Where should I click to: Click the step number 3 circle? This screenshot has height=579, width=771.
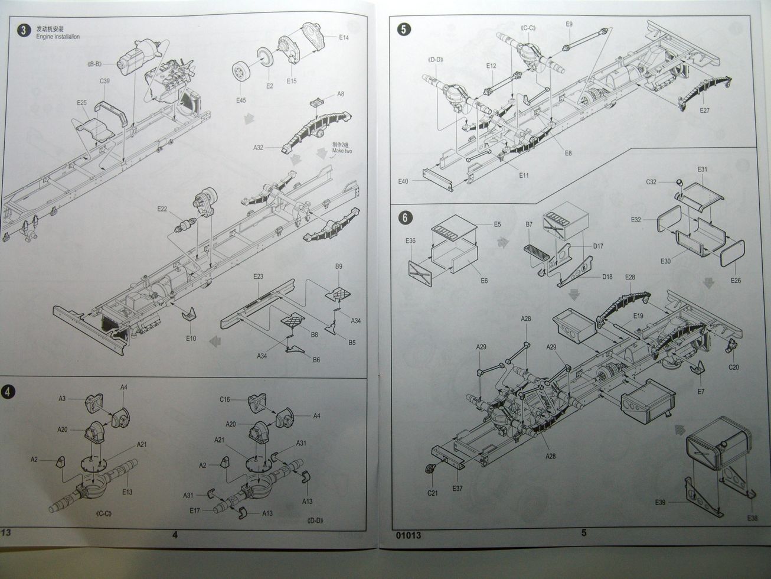pos(22,31)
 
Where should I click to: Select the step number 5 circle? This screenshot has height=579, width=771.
pos(403,29)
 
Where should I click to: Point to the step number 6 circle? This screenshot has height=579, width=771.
pos(404,217)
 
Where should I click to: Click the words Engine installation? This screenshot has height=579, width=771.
pos(57,37)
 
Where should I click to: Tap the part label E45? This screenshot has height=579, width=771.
pos(240,100)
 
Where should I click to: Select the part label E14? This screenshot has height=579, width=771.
pos(344,37)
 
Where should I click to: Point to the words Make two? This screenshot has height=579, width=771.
pos(341,151)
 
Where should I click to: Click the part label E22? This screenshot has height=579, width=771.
pos(163,209)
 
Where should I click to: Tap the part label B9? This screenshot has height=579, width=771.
pos(338,266)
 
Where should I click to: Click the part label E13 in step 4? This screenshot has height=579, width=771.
pos(126,492)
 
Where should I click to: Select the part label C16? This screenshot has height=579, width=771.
pos(224,400)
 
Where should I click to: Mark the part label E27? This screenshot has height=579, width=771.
pos(704,110)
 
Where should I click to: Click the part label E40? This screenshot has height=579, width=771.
pos(404,181)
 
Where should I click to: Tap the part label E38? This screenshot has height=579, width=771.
pos(752,518)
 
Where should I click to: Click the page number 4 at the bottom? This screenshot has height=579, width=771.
pos(174,535)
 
